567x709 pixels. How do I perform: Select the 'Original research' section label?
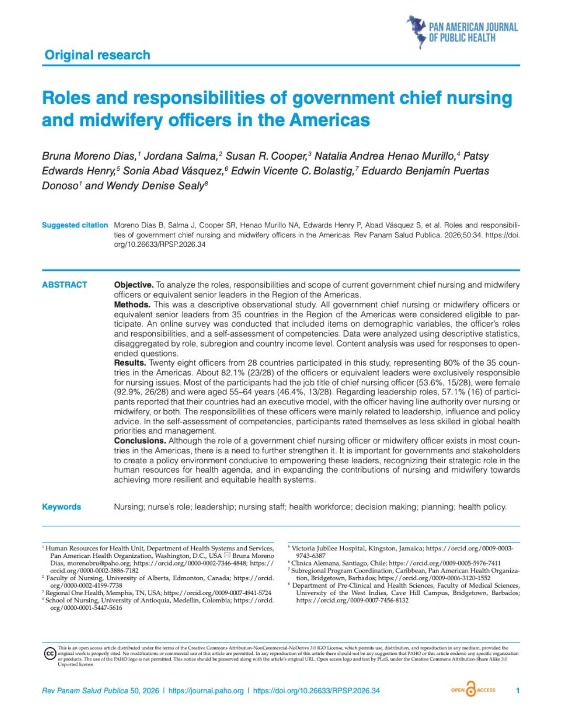pos(97,55)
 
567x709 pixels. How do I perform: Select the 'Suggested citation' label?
pos(75,225)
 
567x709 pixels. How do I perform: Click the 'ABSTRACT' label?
pos(65,285)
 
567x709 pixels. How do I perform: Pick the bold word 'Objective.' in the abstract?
pos(134,285)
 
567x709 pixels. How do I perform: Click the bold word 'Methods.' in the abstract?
pos(132,305)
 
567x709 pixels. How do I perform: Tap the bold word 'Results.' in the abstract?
pos(130,363)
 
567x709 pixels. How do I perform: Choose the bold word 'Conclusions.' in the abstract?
pos(140,441)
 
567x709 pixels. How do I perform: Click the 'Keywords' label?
pos(61,507)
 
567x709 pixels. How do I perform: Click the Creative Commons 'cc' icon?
pos(49,654)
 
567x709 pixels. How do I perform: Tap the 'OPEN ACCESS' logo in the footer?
pos(473,690)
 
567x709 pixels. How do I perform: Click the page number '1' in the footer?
pos(518,691)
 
